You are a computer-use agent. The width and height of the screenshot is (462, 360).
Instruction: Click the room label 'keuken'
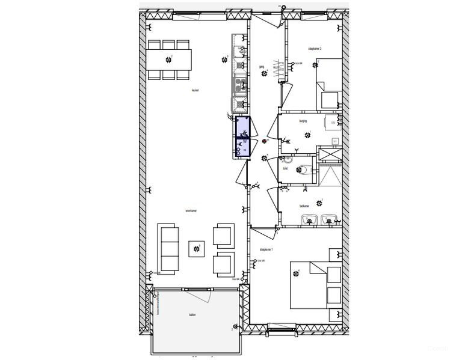pyautogui.click(x=195, y=91)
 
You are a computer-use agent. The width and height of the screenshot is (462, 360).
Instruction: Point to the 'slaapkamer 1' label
pyautogui.click(x=266, y=249)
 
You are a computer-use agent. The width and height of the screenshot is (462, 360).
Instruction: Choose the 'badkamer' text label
pyautogui.click(x=304, y=206)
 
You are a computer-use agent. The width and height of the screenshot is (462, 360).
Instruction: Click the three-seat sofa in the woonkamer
pyautogui.click(x=168, y=248)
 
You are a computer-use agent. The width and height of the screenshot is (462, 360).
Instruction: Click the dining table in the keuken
pyautogui.click(x=169, y=59)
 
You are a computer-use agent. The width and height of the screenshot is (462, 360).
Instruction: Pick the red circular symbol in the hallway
pyautogui.click(x=264, y=141)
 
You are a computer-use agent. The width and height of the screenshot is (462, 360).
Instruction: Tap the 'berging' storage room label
pyautogui.click(x=303, y=121)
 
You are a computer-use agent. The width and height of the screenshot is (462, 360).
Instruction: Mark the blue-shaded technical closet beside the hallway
pyautogui.click(x=242, y=138)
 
